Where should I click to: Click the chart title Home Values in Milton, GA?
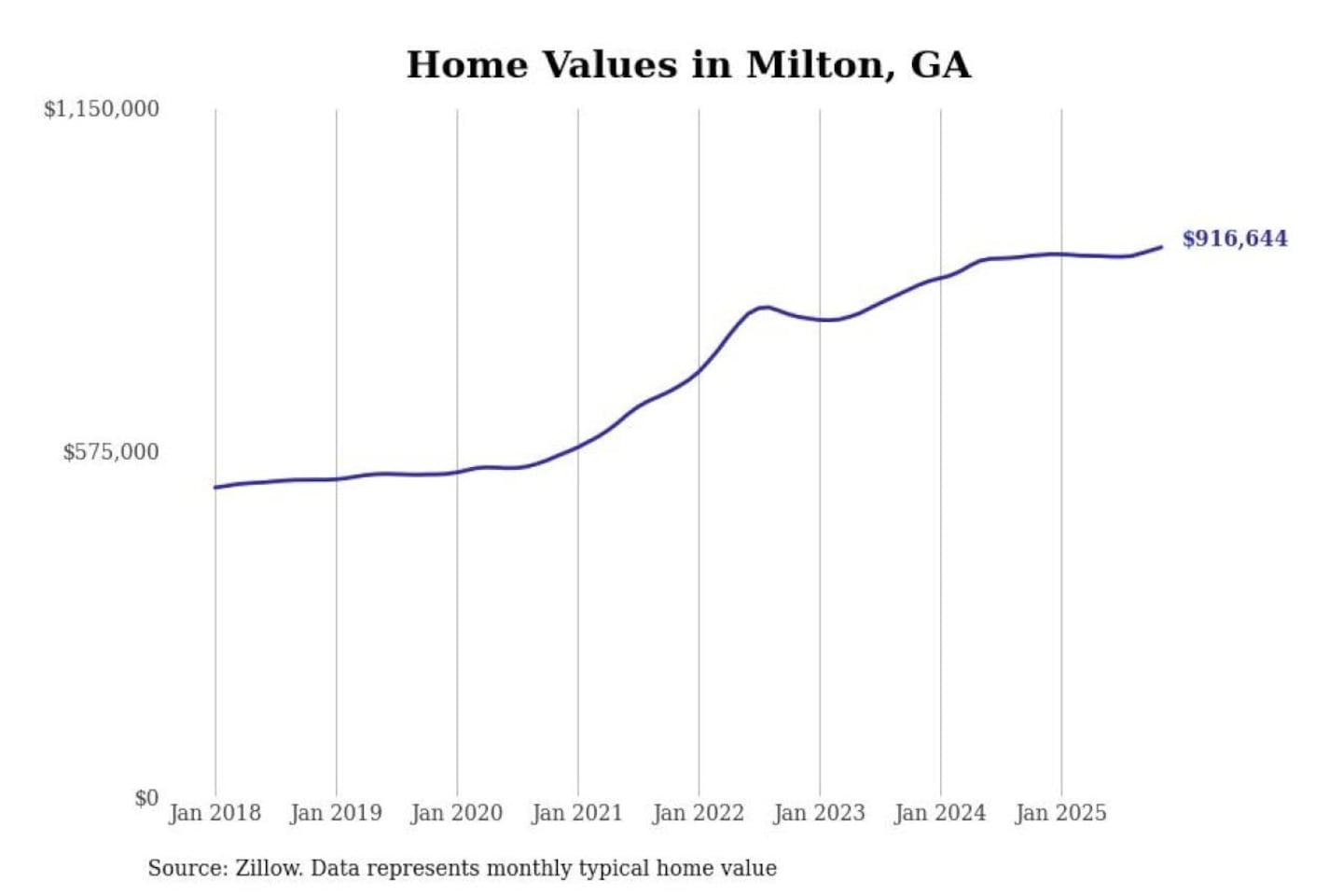[688, 65]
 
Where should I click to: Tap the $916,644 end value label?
[1234, 239]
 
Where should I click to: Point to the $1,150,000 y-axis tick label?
[102, 109]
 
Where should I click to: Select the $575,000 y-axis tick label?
[111, 452]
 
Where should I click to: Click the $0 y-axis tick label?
[146, 798]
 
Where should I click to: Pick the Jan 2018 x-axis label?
[215, 813]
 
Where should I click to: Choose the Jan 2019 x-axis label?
[336, 813]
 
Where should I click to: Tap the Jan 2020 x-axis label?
[457, 813]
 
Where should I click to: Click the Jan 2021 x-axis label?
[577, 813]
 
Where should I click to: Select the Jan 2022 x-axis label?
[699, 813]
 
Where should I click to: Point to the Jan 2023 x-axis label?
[820, 813]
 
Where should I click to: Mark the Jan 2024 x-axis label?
[940, 813]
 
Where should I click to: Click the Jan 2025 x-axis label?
[1061, 813]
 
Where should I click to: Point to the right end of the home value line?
[1161, 247]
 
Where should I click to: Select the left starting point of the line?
[215, 488]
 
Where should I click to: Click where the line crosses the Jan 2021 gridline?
[577, 447]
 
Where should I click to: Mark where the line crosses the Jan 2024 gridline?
[940, 278]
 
